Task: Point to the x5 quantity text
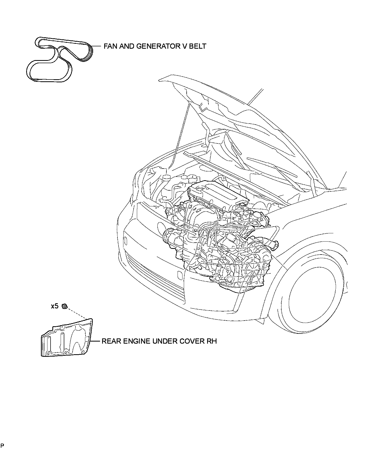[54, 306]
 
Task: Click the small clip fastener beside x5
[65, 307]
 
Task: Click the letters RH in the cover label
[212, 341]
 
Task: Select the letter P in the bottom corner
[2, 445]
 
